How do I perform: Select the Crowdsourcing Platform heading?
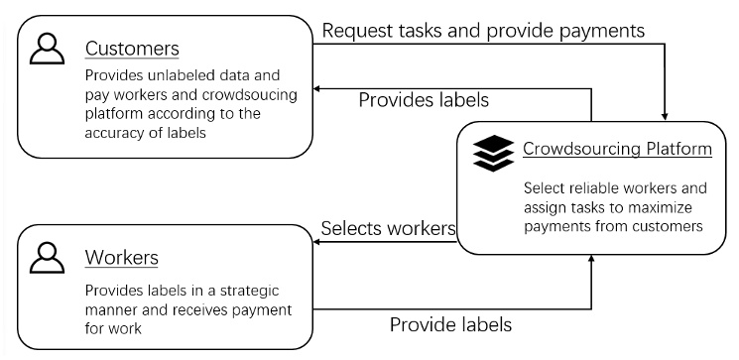click(x=616, y=150)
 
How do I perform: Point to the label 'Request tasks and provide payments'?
click(x=483, y=30)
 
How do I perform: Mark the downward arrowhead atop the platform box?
click(x=664, y=113)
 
